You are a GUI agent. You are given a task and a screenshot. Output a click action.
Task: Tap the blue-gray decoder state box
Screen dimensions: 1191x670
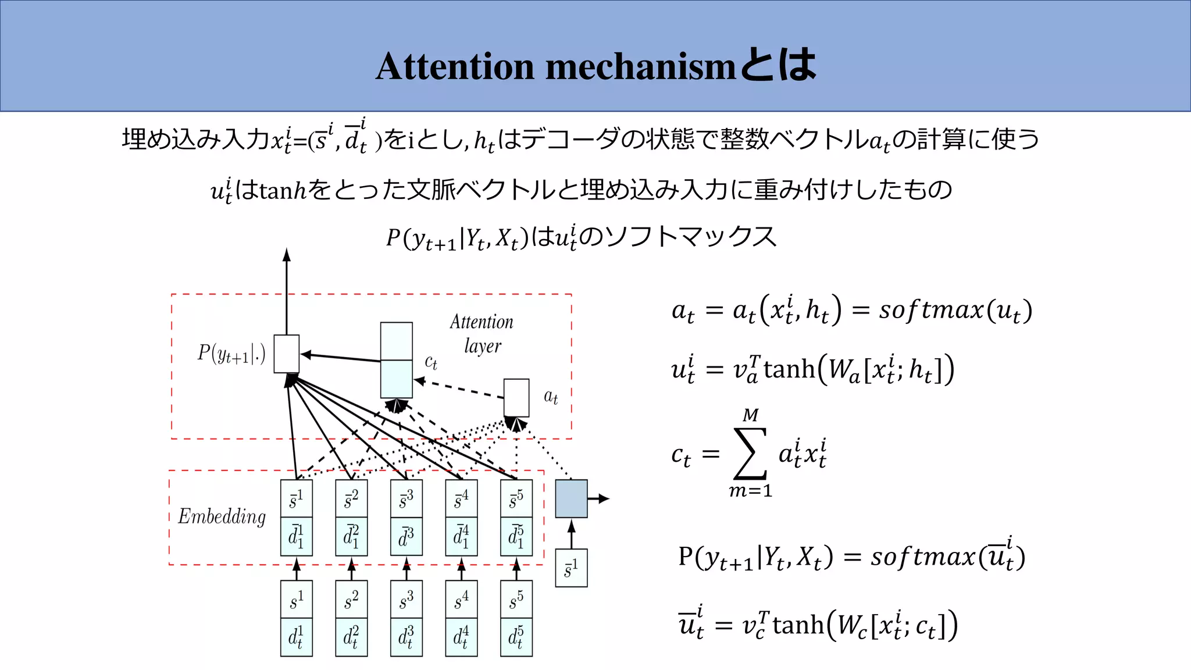571,498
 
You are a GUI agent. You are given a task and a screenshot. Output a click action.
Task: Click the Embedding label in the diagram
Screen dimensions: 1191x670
222,516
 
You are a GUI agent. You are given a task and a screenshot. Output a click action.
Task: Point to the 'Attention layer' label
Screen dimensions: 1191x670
482,333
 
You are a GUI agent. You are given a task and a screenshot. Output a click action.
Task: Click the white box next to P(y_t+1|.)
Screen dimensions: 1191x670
286,354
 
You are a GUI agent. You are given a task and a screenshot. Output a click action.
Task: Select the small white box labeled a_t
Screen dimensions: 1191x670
516,398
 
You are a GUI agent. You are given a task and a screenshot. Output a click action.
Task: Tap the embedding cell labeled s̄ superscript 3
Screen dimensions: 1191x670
406,499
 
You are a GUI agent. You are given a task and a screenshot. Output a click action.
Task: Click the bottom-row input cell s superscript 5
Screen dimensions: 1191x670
516,600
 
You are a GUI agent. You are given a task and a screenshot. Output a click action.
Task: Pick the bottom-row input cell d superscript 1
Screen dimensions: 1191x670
296,637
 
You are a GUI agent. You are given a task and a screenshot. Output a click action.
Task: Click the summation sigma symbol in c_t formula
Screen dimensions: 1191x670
750,454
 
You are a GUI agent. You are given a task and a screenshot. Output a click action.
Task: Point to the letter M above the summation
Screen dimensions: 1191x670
750,415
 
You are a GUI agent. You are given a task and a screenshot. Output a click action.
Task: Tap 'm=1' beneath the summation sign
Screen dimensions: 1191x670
750,491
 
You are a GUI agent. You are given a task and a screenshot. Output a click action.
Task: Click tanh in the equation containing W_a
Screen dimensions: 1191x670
789,369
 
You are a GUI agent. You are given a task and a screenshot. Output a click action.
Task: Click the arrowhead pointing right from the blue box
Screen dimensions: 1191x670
604,498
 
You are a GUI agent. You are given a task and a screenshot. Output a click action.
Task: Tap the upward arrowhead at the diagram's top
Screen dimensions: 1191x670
286,254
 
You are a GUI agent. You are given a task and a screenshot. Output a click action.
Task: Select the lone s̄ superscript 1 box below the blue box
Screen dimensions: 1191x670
571,568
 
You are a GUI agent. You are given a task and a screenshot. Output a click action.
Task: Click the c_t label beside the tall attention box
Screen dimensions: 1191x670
431,362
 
